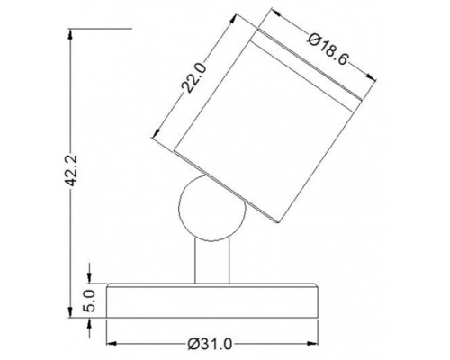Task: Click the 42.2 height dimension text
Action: tap(72, 170)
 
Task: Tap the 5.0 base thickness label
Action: tap(89, 301)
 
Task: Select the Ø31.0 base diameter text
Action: tap(210, 344)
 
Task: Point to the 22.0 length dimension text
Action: tap(194, 77)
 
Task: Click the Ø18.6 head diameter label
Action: tap(328, 49)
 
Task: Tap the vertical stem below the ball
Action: tap(212, 261)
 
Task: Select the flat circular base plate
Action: tap(212, 301)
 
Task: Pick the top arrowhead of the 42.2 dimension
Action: tap(70, 33)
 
